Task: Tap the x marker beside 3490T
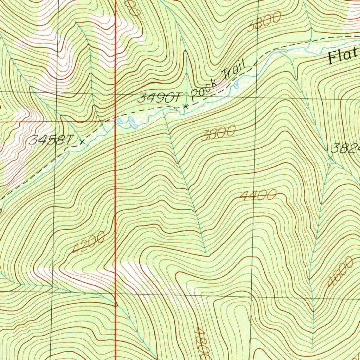[x=186, y=106]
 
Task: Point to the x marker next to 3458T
[x=82, y=142]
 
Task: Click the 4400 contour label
[x=258, y=196]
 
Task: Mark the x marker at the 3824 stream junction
[x=330, y=158]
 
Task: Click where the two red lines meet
[x=116, y=121]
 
